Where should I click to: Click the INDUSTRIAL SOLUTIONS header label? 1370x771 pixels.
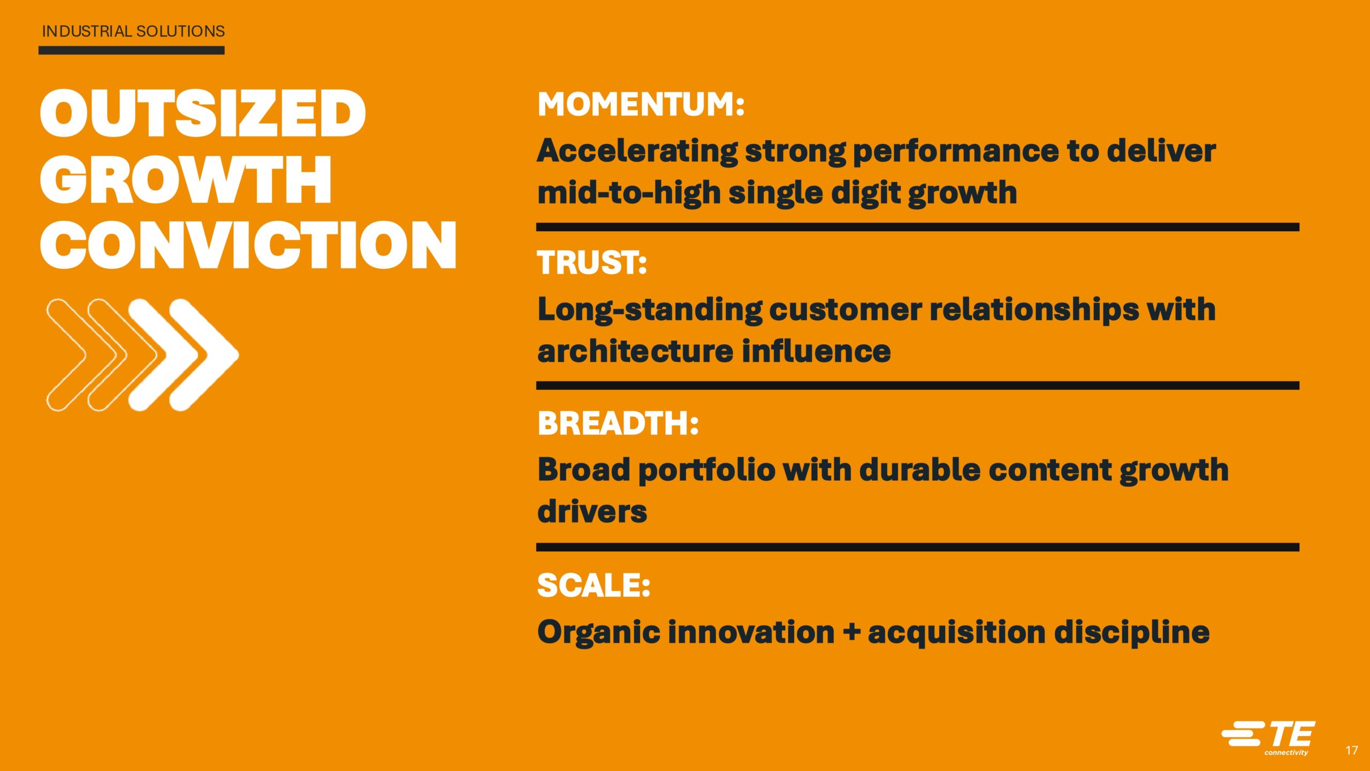coord(133,31)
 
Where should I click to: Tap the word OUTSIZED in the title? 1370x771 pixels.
coord(203,113)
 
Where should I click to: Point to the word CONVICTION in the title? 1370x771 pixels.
coord(248,245)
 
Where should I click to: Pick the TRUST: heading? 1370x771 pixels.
coord(592,263)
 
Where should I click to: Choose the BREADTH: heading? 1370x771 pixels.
coord(618,424)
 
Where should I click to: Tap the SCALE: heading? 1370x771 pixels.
coord(593,585)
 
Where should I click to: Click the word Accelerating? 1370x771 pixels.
coord(637,152)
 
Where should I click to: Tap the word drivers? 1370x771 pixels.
coord(592,511)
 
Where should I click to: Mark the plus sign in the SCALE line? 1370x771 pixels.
coord(851,632)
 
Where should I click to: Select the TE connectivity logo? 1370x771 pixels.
coord(1268,738)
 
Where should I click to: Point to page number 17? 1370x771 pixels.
coord(1351,750)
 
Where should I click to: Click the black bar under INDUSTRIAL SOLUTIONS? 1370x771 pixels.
coord(132,50)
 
